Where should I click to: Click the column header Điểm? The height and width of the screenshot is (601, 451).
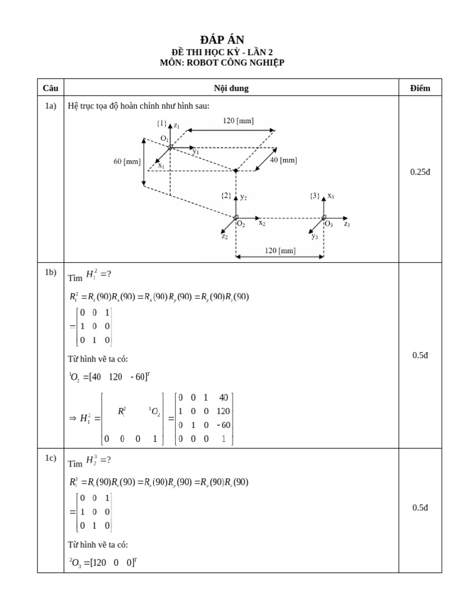coord(420,88)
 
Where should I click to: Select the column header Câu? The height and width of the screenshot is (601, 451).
coord(51,88)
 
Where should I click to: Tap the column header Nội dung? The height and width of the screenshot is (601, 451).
coord(231,88)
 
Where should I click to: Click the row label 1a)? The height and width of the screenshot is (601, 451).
coord(51,106)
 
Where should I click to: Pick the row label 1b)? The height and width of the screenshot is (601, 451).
coord(51,272)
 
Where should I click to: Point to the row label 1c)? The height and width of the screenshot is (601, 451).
coord(51,459)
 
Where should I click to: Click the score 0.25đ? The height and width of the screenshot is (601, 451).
coord(420,172)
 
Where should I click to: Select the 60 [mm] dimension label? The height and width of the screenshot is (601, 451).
coord(127,161)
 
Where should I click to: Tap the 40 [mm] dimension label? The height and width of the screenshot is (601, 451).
coord(283,160)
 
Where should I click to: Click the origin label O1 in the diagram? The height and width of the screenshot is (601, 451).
coord(164,139)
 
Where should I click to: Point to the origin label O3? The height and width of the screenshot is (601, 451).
coord(329,224)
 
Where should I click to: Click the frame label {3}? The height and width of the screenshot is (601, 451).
coord(315,195)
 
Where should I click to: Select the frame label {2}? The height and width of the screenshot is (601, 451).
coord(226,195)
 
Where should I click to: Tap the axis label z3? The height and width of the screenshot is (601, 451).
coord(347,224)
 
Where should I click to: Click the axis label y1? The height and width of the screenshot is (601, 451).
coord(196,151)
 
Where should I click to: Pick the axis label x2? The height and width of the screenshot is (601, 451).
coord(262,224)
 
